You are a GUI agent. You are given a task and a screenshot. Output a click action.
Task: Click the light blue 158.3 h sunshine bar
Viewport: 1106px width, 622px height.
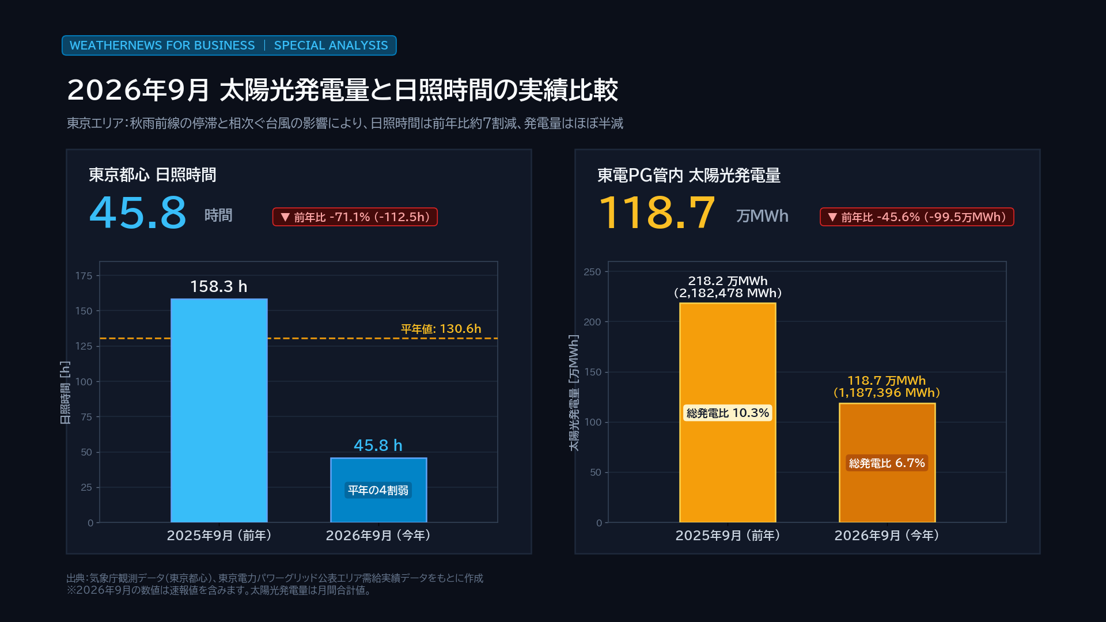pyautogui.click(x=219, y=411)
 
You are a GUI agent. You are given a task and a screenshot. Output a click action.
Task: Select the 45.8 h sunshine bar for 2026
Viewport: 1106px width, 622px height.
pyautogui.click(x=378, y=490)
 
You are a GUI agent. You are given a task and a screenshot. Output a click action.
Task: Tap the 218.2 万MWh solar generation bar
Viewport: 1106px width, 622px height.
pyautogui.click(x=728, y=413)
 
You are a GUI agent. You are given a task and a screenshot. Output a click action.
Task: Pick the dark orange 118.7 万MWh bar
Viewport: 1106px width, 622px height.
pyautogui.click(x=887, y=463)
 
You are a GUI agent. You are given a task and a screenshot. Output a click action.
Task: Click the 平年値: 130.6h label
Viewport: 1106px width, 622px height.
pyautogui.click(x=441, y=329)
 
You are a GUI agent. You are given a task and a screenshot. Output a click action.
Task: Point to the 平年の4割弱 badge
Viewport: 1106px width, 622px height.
pyautogui.click(x=378, y=490)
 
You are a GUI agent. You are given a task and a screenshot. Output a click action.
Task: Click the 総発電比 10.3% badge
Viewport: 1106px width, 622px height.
pyautogui.click(x=728, y=413)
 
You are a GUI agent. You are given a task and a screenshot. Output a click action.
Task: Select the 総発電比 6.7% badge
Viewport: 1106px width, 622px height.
pyautogui.click(x=887, y=463)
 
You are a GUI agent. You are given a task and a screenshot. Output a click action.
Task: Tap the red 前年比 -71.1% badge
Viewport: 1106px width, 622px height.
pyautogui.click(x=355, y=217)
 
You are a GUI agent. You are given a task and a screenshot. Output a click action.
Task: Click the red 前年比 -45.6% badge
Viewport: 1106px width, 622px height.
pyautogui.click(x=917, y=217)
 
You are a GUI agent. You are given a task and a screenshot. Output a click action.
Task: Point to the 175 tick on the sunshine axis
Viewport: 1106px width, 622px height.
pyautogui.click(x=84, y=276)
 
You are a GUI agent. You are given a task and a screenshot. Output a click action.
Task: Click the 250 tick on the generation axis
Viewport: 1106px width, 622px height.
pyautogui.click(x=592, y=272)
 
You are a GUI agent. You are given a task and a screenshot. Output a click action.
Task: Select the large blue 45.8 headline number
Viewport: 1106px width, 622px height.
pyautogui.click(x=138, y=213)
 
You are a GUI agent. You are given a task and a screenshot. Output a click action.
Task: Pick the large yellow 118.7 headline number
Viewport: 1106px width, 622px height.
pyautogui.click(x=657, y=213)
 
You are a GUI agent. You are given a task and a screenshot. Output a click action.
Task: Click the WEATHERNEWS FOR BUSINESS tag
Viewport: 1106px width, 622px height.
pyautogui.click(x=162, y=45)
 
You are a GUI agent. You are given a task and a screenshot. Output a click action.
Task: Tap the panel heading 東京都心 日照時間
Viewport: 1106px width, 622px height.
pyautogui.click(x=153, y=175)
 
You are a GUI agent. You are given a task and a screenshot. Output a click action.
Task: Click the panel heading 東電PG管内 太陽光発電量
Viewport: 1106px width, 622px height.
pyautogui.click(x=689, y=176)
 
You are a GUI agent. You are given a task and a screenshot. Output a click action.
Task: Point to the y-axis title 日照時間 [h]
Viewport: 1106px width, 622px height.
pyautogui.click(x=66, y=392)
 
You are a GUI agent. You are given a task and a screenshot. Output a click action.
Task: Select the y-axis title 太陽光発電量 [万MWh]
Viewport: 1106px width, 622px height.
pyautogui.click(x=574, y=392)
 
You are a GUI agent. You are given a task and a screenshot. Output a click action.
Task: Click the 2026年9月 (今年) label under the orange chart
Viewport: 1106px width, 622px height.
pyautogui.click(x=887, y=536)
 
